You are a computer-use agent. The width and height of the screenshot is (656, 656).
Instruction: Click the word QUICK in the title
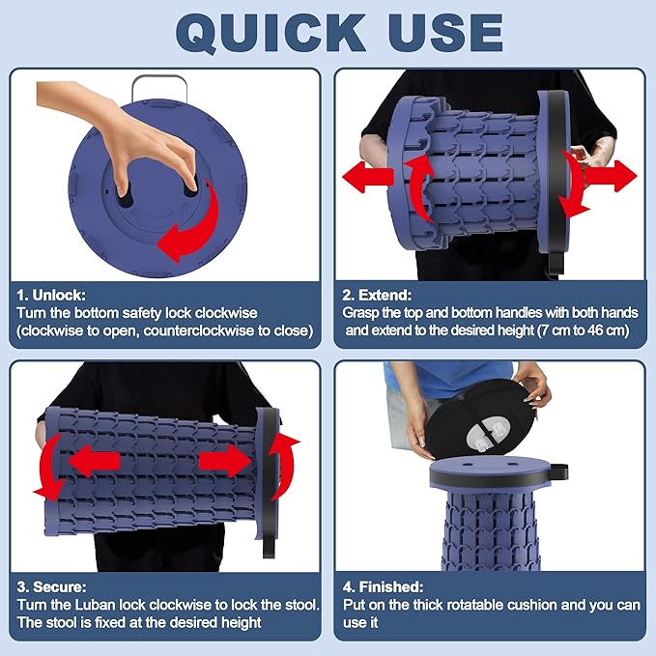pos(271,33)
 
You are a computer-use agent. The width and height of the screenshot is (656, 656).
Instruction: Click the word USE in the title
pos(445,33)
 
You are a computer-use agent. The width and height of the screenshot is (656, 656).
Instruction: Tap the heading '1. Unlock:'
pos(51,295)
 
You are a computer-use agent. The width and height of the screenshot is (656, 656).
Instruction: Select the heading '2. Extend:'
pos(377,295)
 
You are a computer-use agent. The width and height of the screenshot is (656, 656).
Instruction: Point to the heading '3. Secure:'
pos(51,586)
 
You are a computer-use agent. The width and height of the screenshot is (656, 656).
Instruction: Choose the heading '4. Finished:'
pos(383,586)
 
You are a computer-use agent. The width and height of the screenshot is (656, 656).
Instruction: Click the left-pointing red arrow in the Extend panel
pos(368,177)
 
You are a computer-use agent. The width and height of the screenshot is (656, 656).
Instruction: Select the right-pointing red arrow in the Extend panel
pos(611,176)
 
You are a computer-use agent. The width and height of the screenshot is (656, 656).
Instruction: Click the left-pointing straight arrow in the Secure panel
pos(95,461)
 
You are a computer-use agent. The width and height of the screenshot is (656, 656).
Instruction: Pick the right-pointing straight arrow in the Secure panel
pos(225,461)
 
